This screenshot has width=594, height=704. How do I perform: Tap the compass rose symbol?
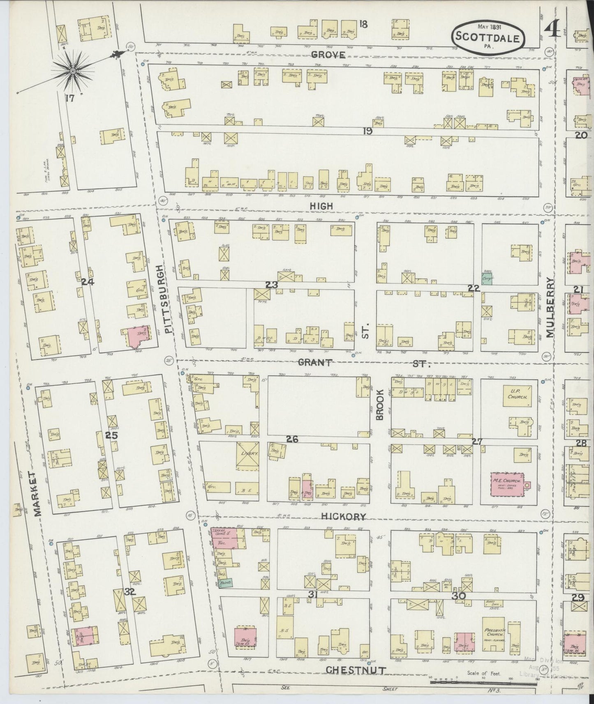[x=72, y=71]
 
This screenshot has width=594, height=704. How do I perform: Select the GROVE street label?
[x=328, y=55]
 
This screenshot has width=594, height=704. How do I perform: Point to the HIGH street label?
[x=322, y=206]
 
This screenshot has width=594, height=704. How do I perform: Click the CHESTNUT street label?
[x=356, y=670]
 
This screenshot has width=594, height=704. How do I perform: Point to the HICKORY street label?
[x=343, y=517]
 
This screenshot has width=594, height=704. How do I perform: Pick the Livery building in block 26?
[x=247, y=455]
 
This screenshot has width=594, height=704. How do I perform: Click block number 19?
[x=367, y=131]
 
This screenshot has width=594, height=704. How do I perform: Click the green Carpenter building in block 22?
[x=487, y=278]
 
